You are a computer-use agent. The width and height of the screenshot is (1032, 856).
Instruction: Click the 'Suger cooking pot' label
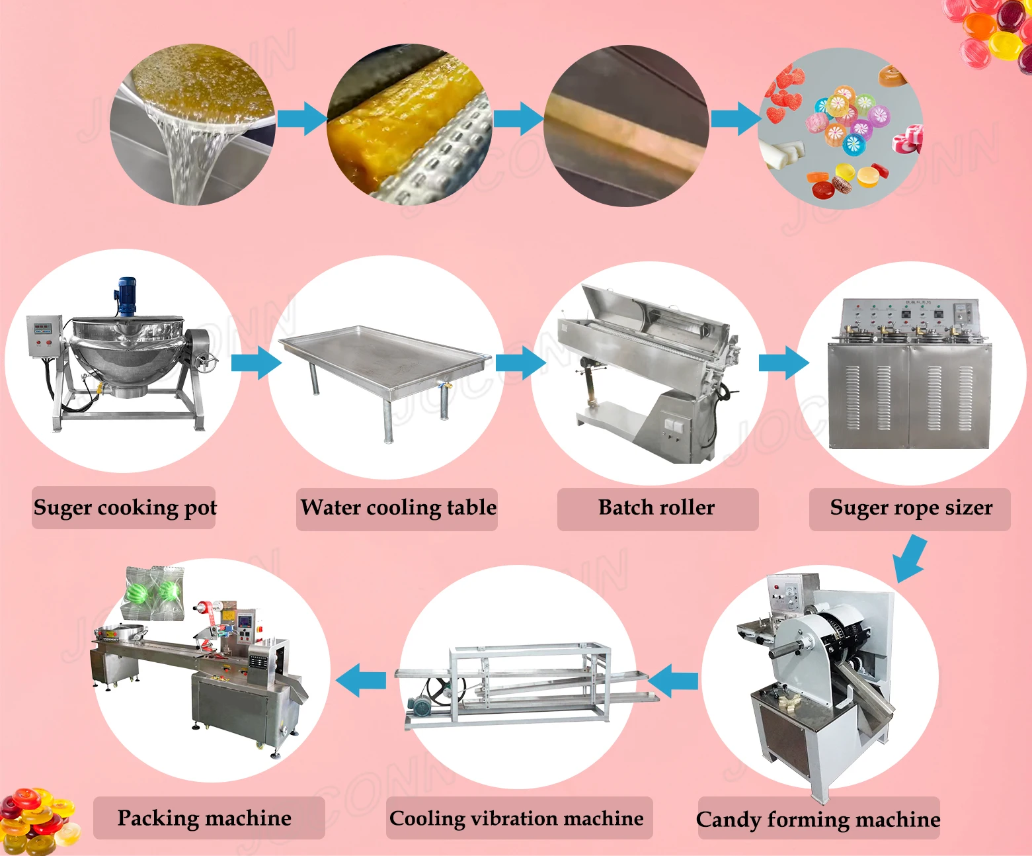pos(124,507)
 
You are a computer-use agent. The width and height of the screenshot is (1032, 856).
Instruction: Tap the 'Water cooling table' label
pos(397,507)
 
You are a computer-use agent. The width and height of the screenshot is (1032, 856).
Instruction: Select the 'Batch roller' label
pos(656,507)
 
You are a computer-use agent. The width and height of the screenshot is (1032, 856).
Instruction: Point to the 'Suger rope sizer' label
pos(910,507)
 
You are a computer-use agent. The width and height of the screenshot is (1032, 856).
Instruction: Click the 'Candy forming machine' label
pos(818,819)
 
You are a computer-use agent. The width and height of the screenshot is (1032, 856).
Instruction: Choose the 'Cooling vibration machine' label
pos(516,818)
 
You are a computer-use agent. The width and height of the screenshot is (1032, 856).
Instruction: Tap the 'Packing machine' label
pos(204,818)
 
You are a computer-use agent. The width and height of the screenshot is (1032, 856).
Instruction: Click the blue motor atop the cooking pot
pos(126,296)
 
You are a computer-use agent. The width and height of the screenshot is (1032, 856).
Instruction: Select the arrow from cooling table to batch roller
pos(521,363)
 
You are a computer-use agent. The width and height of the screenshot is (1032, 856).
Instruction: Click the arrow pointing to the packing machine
pos(361,680)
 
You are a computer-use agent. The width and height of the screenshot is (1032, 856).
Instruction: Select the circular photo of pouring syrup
pos(192,124)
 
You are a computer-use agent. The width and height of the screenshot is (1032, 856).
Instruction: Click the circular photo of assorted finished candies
pos(840,129)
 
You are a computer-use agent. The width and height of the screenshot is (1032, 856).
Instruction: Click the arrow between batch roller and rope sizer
pos(784,363)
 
